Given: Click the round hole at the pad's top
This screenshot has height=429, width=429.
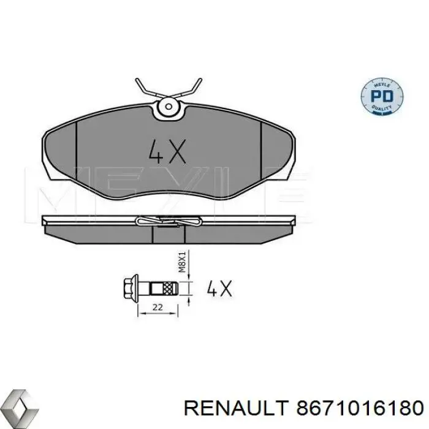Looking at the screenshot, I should [x=167, y=109].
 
